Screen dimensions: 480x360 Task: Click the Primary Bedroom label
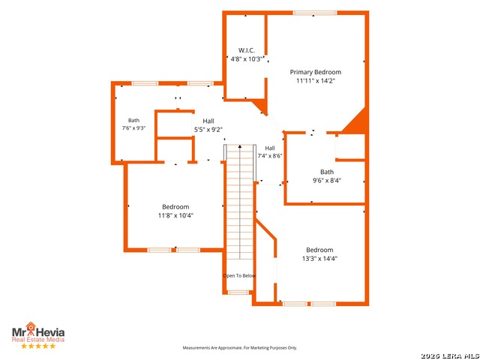(x=316, y=72)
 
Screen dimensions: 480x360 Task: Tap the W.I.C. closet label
(x=247, y=50)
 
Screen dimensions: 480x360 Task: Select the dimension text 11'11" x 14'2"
(x=316, y=81)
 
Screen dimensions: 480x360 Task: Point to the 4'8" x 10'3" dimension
(x=247, y=59)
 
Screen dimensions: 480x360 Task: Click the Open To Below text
(x=239, y=276)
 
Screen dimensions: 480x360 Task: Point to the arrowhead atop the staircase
(x=240, y=147)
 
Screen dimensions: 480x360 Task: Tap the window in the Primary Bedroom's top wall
(x=315, y=13)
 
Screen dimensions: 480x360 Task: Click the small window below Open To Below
(x=238, y=292)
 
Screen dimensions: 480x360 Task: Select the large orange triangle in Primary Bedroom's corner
(x=355, y=121)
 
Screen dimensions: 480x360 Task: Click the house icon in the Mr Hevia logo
(x=31, y=328)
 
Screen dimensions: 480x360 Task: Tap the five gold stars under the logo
(x=38, y=346)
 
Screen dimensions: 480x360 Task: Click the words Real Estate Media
(x=38, y=340)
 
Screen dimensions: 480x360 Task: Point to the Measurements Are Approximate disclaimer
(x=240, y=348)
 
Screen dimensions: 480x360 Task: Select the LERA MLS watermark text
(x=450, y=356)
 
